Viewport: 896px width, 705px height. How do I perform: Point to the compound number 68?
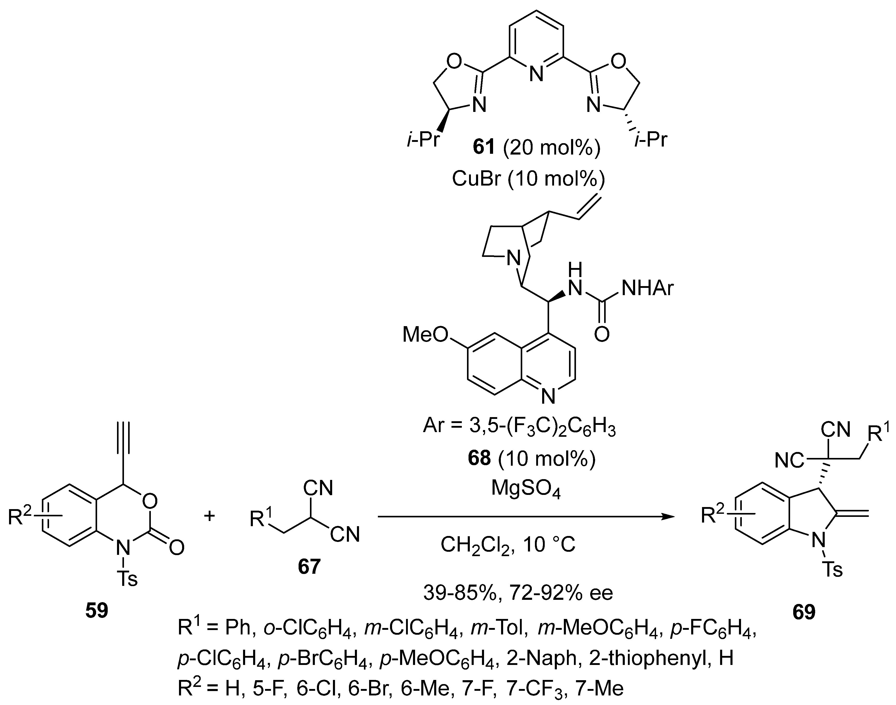click(479, 458)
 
